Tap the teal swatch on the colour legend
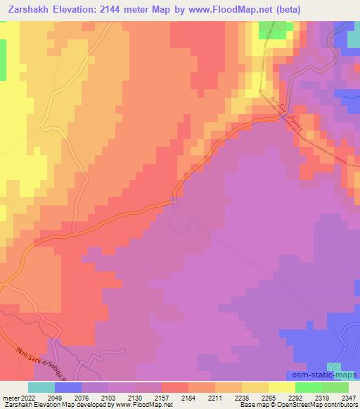pyautogui.click(x=41, y=387)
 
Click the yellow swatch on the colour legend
pyautogui.click(x=282, y=387)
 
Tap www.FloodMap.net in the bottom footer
pyautogui.click(x=143, y=405)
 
